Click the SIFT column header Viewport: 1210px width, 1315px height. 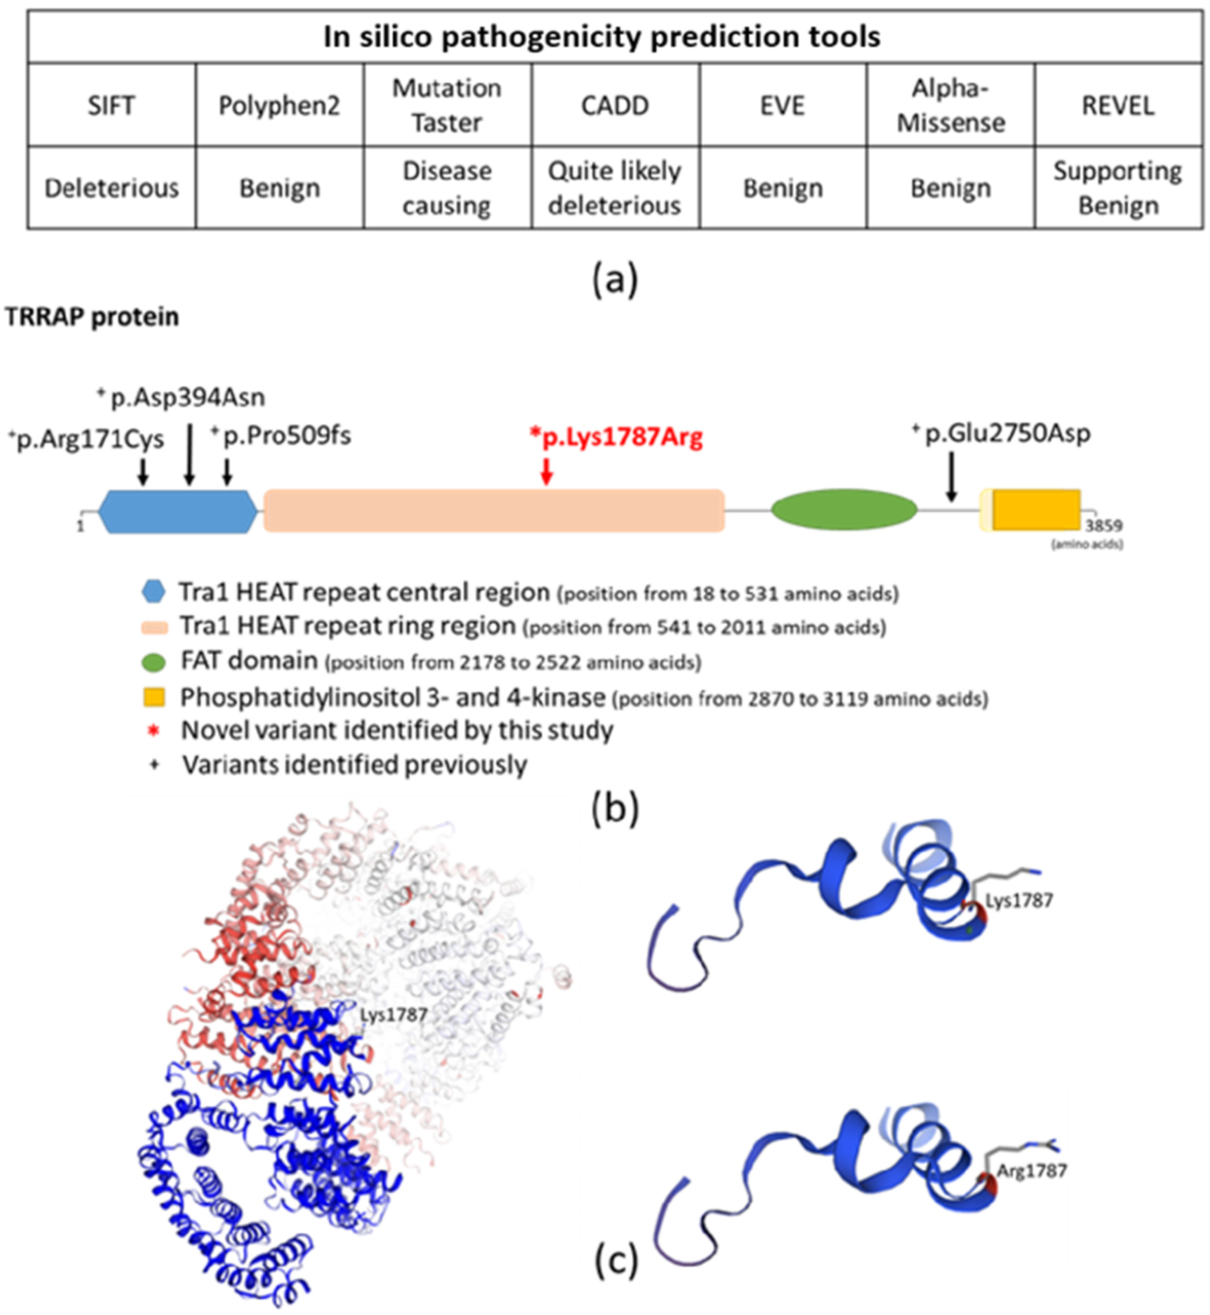click(111, 106)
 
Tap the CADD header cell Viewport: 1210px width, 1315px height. click(615, 106)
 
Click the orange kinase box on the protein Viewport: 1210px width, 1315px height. click(1036, 510)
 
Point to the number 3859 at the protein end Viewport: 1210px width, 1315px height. click(1103, 526)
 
